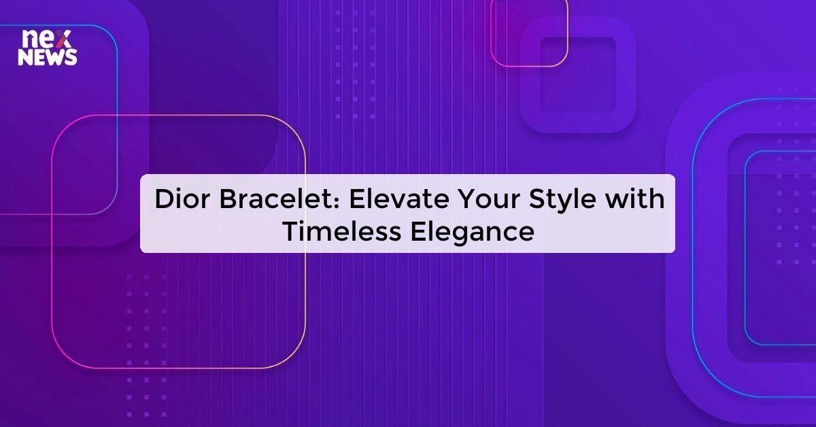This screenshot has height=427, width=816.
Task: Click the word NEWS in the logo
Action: [x=48, y=58]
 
